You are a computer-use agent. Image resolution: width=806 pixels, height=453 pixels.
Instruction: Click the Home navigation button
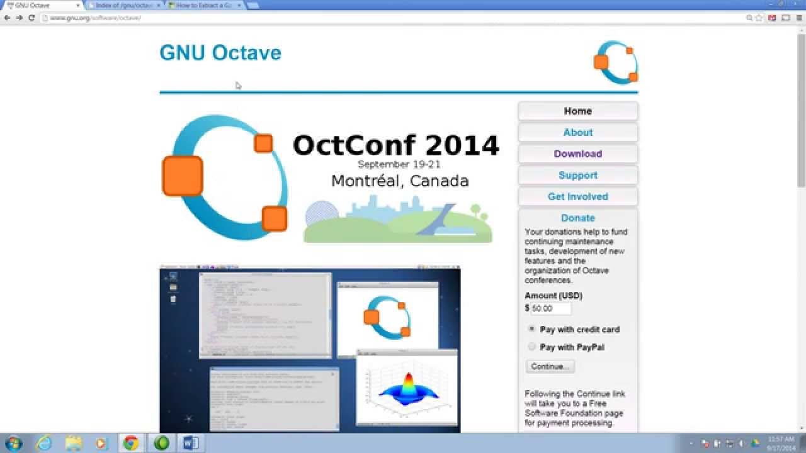point(577,111)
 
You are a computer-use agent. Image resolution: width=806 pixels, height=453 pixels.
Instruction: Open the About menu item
point(577,133)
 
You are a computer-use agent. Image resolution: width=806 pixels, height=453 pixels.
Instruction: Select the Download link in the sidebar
point(577,154)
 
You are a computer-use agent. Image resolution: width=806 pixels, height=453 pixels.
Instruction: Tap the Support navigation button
point(577,176)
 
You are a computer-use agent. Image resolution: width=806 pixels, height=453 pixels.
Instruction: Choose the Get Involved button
point(577,197)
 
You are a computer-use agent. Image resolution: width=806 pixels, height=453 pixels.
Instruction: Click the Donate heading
point(577,218)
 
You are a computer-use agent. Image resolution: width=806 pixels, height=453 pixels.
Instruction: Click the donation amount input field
point(550,308)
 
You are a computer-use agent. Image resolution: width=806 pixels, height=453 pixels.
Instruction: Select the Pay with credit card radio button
point(532,329)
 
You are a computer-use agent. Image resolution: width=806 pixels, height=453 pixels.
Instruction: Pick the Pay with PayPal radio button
point(532,347)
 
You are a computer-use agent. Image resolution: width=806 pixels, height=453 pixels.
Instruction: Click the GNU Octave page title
point(220,53)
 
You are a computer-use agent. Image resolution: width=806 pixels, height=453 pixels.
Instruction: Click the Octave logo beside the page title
point(616,62)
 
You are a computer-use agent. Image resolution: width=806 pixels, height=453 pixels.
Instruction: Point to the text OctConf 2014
point(395,145)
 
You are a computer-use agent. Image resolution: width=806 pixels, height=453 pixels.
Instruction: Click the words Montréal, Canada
point(400,181)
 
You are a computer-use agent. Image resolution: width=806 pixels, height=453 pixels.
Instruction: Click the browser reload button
point(31,18)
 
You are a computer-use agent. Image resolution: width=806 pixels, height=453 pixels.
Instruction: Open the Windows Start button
point(13,444)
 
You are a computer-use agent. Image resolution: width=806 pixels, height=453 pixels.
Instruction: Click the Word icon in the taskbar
point(190,444)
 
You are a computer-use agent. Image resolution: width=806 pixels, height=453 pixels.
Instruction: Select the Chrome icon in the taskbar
point(131,444)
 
